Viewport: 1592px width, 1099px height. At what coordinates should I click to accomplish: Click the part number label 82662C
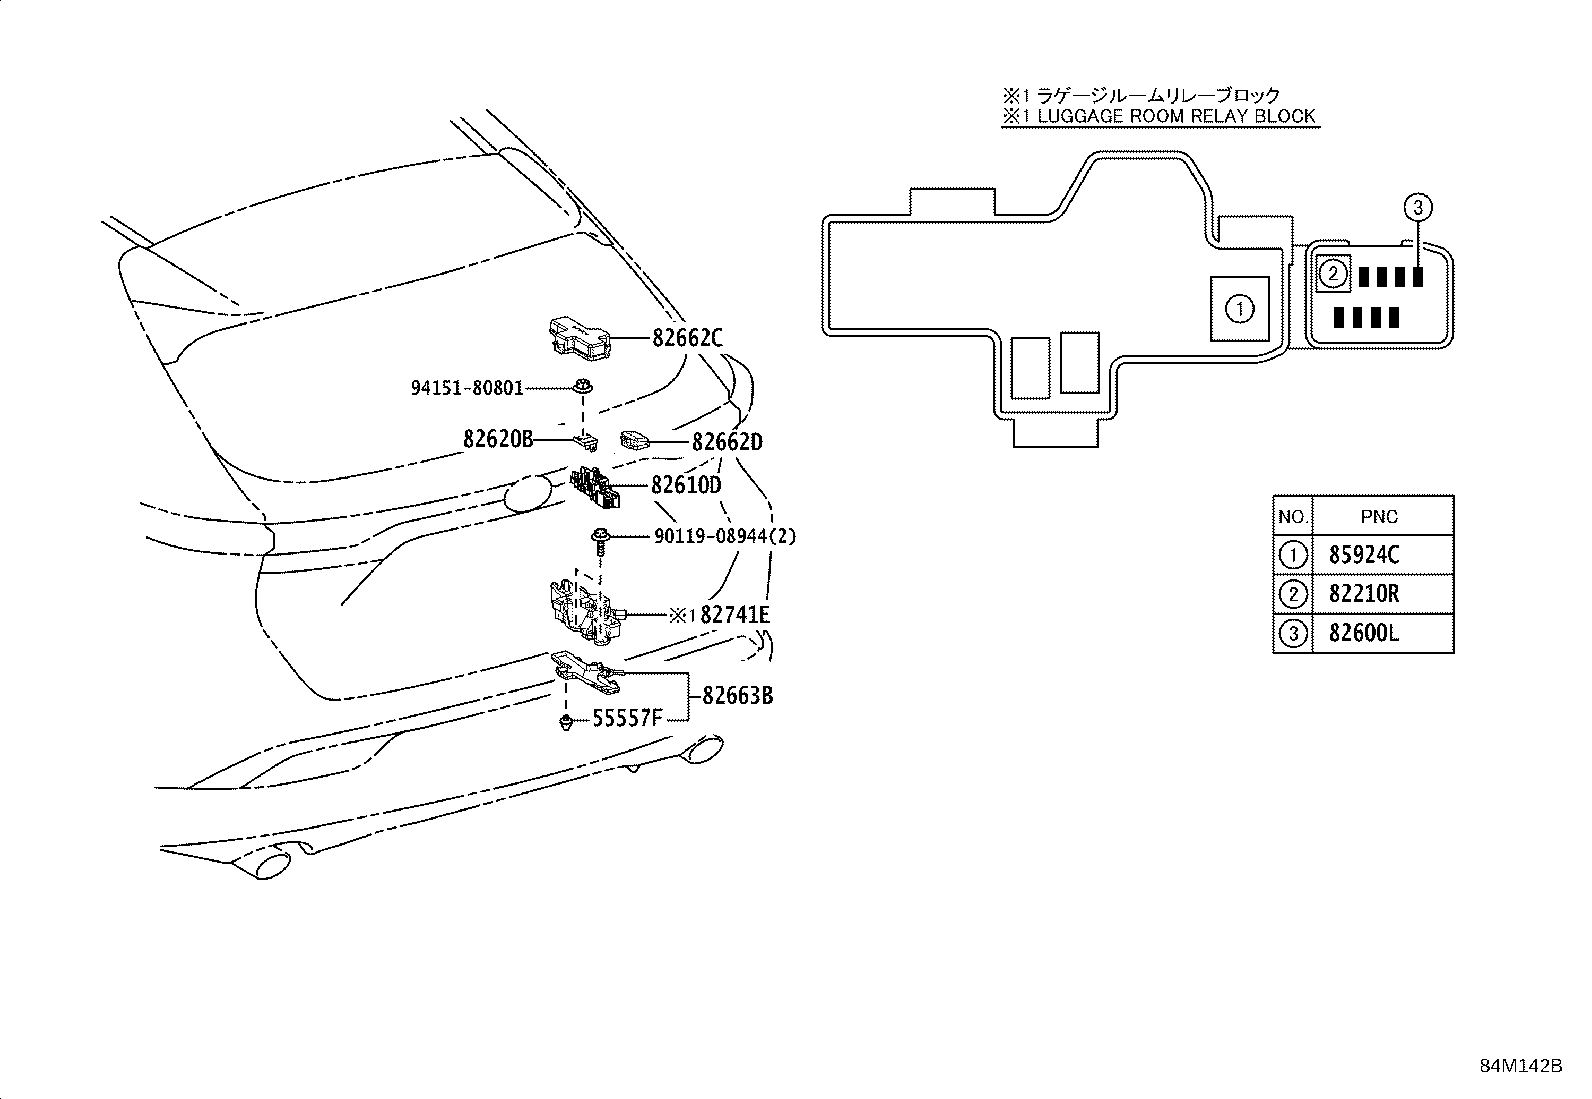tap(687, 339)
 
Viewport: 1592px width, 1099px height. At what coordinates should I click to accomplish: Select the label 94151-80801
tap(466, 388)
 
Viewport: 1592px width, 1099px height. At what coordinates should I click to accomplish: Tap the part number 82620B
tap(498, 438)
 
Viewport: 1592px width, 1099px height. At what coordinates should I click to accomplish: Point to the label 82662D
tap(727, 442)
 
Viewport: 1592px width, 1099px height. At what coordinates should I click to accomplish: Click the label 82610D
tap(686, 485)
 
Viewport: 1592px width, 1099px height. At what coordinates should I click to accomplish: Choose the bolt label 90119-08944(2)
tap(725, 537)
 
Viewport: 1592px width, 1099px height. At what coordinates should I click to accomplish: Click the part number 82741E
tap(735, 615)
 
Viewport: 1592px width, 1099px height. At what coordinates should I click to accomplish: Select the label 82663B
tap(737, 695)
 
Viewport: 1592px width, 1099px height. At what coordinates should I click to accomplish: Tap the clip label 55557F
tap(627, 717)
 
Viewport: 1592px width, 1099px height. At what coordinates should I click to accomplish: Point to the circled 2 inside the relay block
tap(1333, 272)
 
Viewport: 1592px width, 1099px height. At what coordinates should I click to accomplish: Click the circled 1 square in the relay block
tap(1239, 309)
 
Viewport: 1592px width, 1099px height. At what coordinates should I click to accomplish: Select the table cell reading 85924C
tap(1363, 555)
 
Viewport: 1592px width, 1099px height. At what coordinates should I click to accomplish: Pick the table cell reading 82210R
tap(1363, 594)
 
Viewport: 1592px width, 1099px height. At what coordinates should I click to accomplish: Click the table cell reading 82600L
tap(1363, 634)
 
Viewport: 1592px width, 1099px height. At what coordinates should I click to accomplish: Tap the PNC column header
tap(1379, 517)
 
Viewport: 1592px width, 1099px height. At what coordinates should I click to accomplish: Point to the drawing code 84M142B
tap(1520, 1065)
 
